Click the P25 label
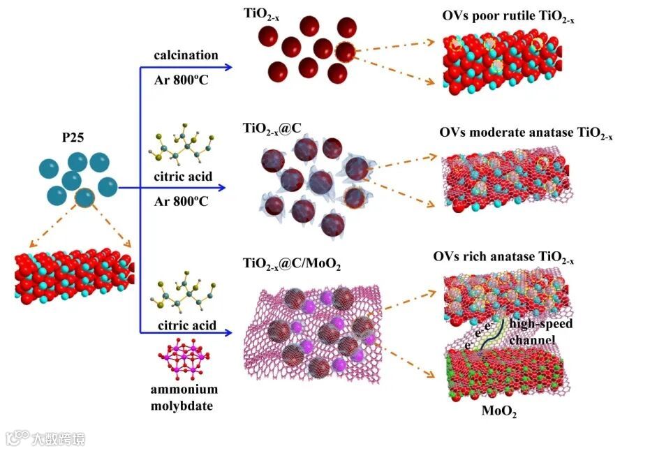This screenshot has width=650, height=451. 73,137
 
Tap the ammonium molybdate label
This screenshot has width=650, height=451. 184,397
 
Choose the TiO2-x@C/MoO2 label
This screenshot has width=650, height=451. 291,263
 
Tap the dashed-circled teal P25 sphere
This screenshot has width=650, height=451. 85,198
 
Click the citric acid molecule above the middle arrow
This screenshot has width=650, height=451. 180,148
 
